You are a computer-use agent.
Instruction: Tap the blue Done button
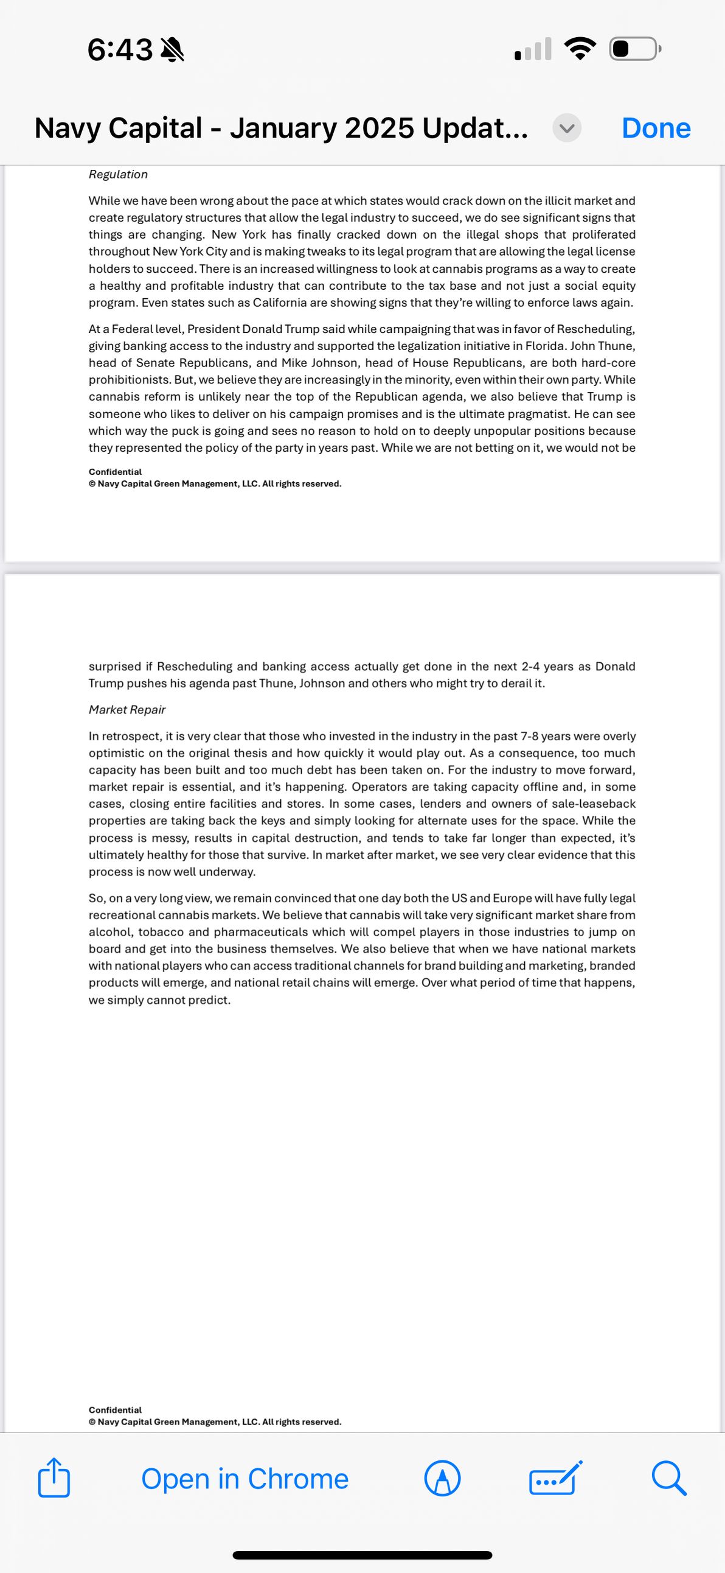656,128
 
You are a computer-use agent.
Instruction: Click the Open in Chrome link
245,1479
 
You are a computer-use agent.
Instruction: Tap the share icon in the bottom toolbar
54,1478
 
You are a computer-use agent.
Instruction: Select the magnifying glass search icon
669,1479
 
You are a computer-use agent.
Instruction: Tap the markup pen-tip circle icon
442,1479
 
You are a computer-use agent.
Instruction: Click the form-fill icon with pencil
555,1479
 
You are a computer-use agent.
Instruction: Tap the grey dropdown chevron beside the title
567,128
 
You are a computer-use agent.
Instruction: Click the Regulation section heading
118,175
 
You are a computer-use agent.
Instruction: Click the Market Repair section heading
127,710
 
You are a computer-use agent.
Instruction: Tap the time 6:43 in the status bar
120,49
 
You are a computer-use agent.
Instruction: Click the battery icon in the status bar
634,49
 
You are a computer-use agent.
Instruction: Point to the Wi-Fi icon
580,49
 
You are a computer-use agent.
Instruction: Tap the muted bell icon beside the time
172,49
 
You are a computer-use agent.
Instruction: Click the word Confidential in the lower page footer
115,1410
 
